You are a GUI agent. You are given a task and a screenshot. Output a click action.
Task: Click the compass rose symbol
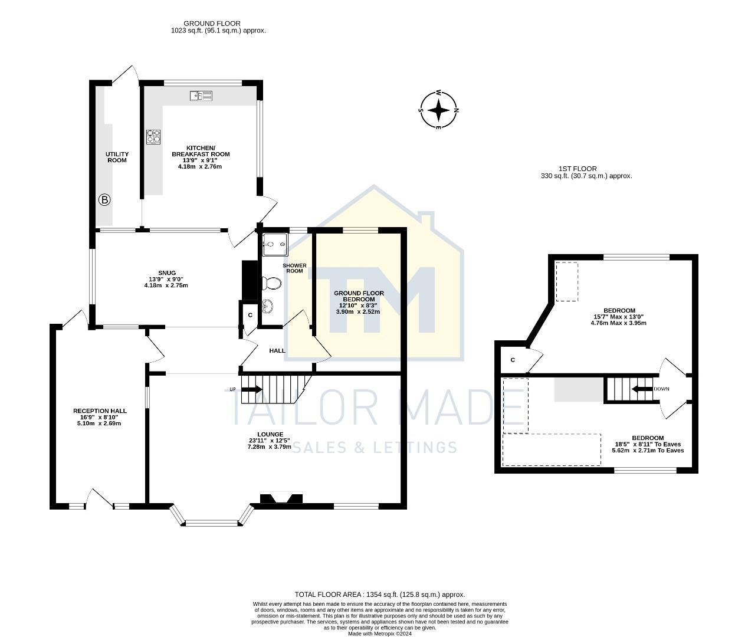pyautogui.click(x=438, y=110)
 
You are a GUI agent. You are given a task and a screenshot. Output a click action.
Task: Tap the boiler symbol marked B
pyautogui.click(x=104, y=200)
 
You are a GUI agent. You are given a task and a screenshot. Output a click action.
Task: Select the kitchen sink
pyautogui.click(x=201, y=96)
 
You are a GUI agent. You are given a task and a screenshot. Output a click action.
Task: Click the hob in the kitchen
pyautogui.click(x=153, y=137)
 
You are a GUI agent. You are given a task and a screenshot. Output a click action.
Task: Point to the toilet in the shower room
pyautogui.click(x=272, y=284)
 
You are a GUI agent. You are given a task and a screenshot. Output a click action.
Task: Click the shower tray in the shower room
pyautogui.click(x=274, y=244)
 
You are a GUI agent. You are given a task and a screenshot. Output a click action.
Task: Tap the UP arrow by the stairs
pyautogui.click(x=251, y=389)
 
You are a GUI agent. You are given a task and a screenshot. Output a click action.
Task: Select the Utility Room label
pyautogui.click(x=117, y=157)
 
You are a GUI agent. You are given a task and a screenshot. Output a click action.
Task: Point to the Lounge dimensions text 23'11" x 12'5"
pyautogui.click(x=270, y=440)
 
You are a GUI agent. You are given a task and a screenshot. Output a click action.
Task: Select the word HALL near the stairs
pyautogui.click(x=277, y=350)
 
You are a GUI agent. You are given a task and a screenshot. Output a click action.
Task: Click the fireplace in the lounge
pyautogui.click(x=281, y=498)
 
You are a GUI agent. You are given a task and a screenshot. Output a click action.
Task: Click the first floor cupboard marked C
pyautogui.click(x=513, y=360)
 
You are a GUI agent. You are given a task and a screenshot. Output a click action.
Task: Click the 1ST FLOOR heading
pyautogui.click(x=578, y=169)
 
